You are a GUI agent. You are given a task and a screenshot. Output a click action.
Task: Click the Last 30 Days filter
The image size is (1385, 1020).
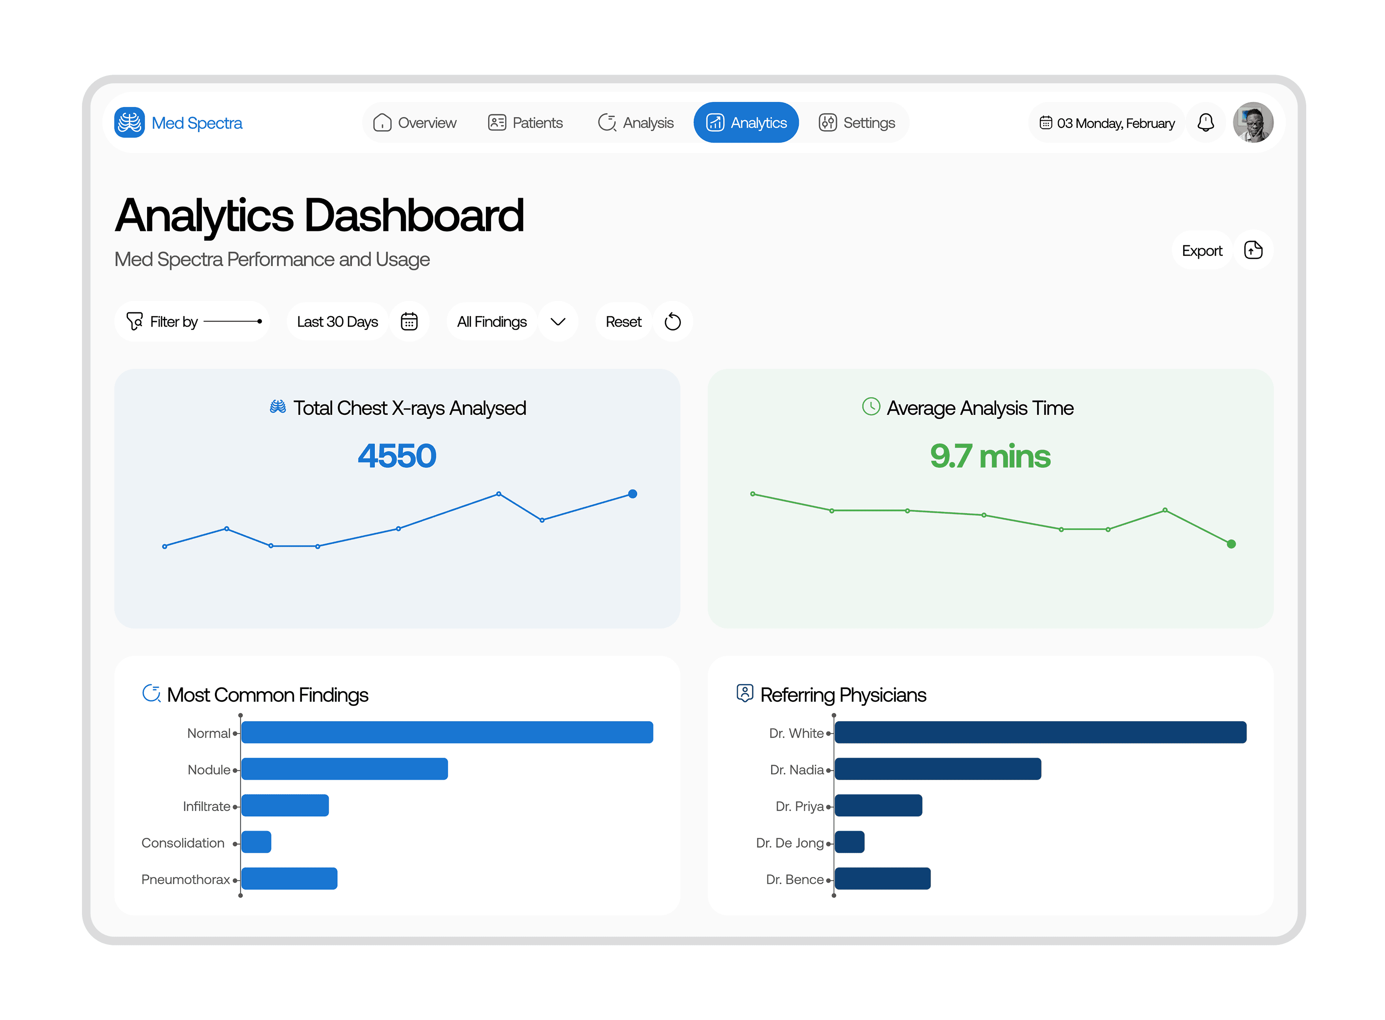coord(337,321)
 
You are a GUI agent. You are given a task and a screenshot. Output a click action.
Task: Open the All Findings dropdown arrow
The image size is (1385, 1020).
coord(557,321)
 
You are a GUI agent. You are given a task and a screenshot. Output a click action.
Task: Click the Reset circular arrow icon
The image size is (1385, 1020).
coord(672,321)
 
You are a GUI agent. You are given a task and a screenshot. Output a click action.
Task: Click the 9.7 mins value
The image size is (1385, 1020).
coord(989,456)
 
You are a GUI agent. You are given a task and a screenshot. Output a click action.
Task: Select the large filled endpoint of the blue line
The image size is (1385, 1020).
coord(632,494)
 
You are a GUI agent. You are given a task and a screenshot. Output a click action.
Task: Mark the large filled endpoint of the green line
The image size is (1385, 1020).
coord(1231,544)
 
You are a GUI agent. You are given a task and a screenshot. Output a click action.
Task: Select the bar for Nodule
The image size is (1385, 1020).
coord(345,769)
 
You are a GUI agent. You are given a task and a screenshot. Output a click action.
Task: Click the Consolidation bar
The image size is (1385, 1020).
coord(256,842)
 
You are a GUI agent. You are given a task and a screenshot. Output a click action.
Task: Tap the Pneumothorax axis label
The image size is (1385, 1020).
coord(185,879)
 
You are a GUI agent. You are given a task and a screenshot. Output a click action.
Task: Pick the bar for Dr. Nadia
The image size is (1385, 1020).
coord(937,769)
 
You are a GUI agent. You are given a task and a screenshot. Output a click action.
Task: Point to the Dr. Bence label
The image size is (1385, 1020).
coord(794,879)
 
